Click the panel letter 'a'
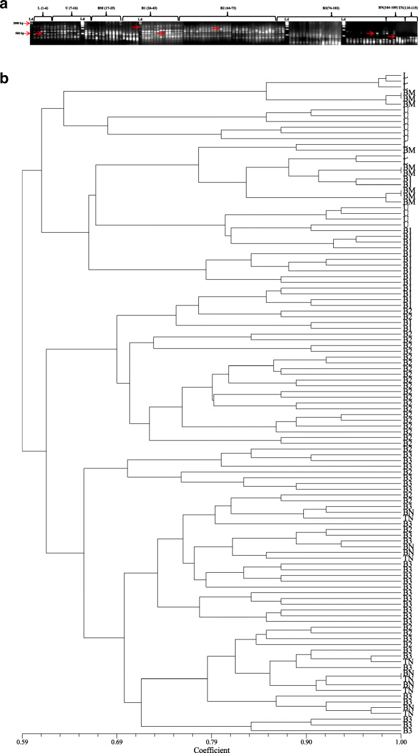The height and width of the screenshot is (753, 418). tap(4, 5)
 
